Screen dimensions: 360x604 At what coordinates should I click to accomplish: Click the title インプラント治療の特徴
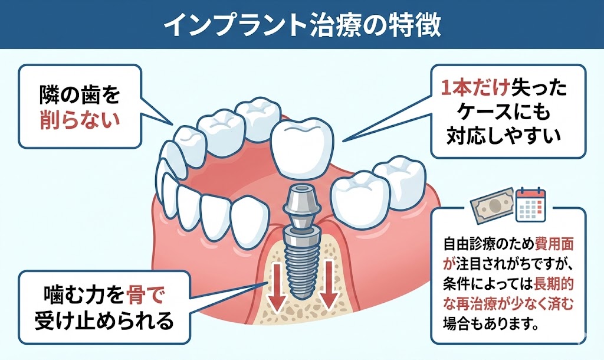(x=301, y=25)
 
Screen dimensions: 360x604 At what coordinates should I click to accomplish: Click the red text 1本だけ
(x=471, y=89)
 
